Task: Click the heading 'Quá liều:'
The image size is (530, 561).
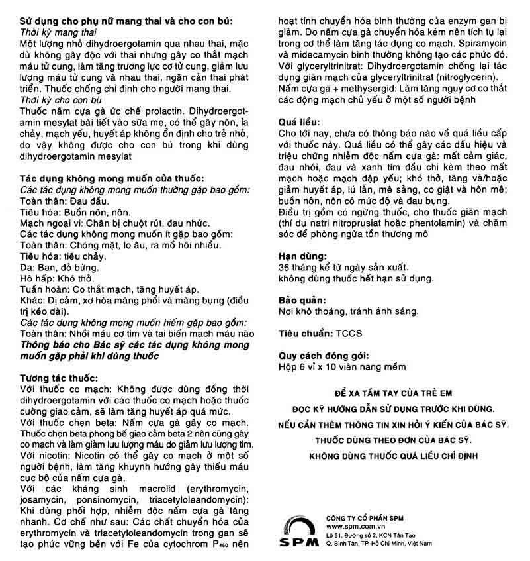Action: pyautogui.click(x=299, y=123)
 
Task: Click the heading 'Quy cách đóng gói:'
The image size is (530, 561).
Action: pyautogui.click(x=322, y=354)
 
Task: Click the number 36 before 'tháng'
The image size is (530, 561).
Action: pyautogui.click(x=285, y=267)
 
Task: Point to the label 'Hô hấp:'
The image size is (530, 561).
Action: pyautogui.click(x=38, y=278)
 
